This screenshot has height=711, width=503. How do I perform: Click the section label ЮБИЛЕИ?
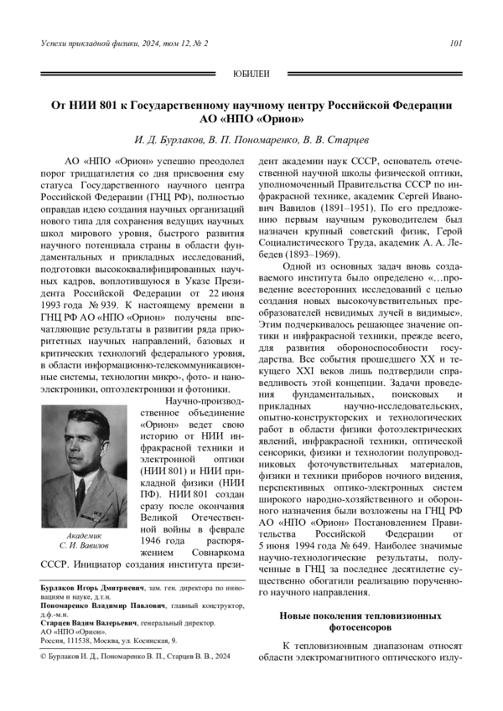coord(251,75)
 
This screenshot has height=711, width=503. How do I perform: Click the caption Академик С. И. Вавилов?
coord(84,540)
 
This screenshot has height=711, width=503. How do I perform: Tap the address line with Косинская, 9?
coord(109,641)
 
